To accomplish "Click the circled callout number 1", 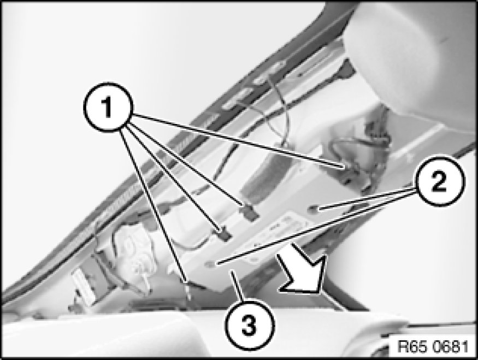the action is tap(108, 107).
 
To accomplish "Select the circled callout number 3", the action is tap(250, 324).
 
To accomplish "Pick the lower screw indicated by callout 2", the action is tap(210, 264).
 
